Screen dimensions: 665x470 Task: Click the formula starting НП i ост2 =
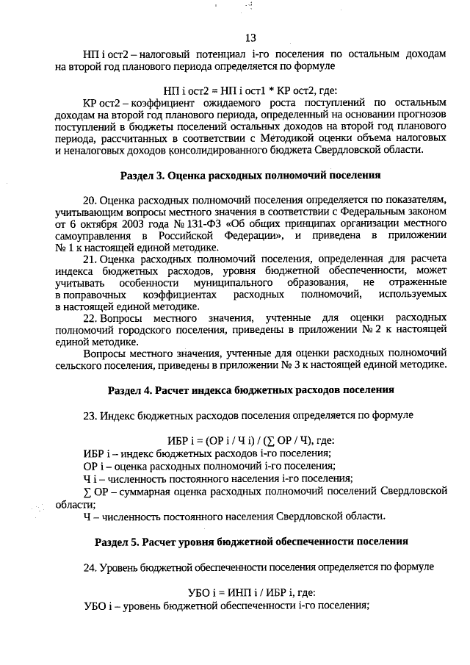tap(250, 89)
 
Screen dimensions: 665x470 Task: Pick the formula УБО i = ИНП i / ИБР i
tap(250, 592)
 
